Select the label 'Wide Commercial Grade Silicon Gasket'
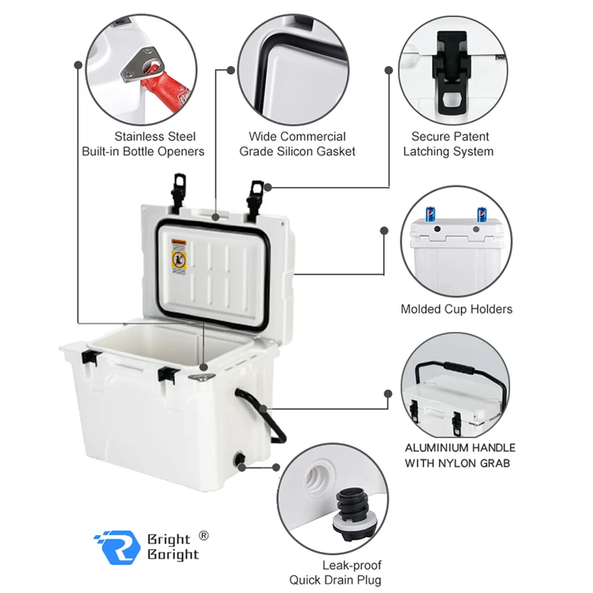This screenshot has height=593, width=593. (x=297, y=144)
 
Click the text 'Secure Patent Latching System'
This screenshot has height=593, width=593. (x=450, y=144)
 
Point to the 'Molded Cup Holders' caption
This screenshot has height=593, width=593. (x=456, y=309)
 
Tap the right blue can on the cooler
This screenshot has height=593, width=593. (x=481, y=214)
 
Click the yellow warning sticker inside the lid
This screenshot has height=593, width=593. (x=179, y=257)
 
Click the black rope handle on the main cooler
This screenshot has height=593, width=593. (x=269, y=416)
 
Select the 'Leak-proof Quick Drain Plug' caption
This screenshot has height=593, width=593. (x=336, y=573)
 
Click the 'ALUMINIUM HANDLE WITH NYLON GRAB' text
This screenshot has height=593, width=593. (x=460, y=455)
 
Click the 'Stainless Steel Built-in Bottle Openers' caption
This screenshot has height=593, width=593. (x=143, y=144)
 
